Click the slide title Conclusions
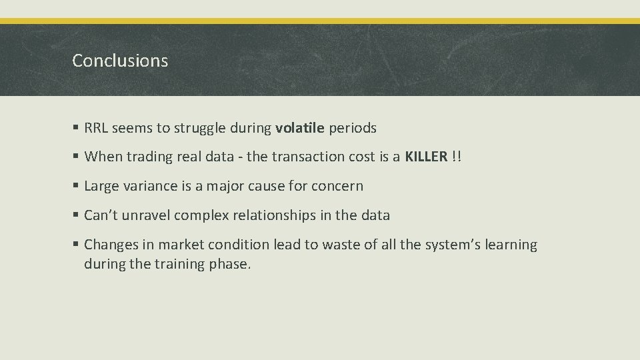coord(120,61)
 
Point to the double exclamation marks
coord(457,157)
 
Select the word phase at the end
coord(229,264)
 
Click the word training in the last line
coord(175,264)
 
